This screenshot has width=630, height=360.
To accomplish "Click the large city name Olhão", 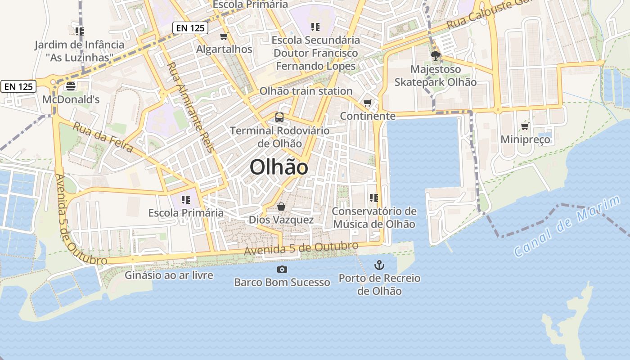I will tap(279, 167).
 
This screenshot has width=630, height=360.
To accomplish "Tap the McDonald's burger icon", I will tap(71, 86).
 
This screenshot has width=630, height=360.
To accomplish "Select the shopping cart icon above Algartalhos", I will tap(224, 36).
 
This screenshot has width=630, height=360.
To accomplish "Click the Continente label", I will tap(368, 116).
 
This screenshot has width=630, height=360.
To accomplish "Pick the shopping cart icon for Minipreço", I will tap(525, 126).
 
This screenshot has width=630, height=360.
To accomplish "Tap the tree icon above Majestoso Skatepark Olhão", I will tap(435, 56).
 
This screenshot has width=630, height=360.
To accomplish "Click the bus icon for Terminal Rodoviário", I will tap(279, 117).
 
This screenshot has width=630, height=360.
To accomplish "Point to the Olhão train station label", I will tap(306, 91).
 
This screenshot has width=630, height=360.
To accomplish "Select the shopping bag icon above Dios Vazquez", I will tap(281, 207).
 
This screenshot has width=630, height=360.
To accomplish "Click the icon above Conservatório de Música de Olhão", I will tap(373, 198).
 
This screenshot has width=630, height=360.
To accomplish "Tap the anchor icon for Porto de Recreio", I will tap(379, 265).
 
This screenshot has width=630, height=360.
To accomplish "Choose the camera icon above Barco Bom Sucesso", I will tap(282, 269).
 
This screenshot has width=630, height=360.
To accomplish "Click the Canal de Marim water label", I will tap(567, 226).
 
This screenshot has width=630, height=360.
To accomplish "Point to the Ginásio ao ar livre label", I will tap(169, 275).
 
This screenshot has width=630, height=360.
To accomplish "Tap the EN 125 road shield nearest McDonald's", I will tap(18, 86).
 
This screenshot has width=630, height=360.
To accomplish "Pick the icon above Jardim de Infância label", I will tap(80, 31).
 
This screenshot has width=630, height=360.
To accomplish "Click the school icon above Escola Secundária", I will tap(315, 27).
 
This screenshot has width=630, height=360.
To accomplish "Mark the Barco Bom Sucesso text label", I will tap(282, 283).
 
